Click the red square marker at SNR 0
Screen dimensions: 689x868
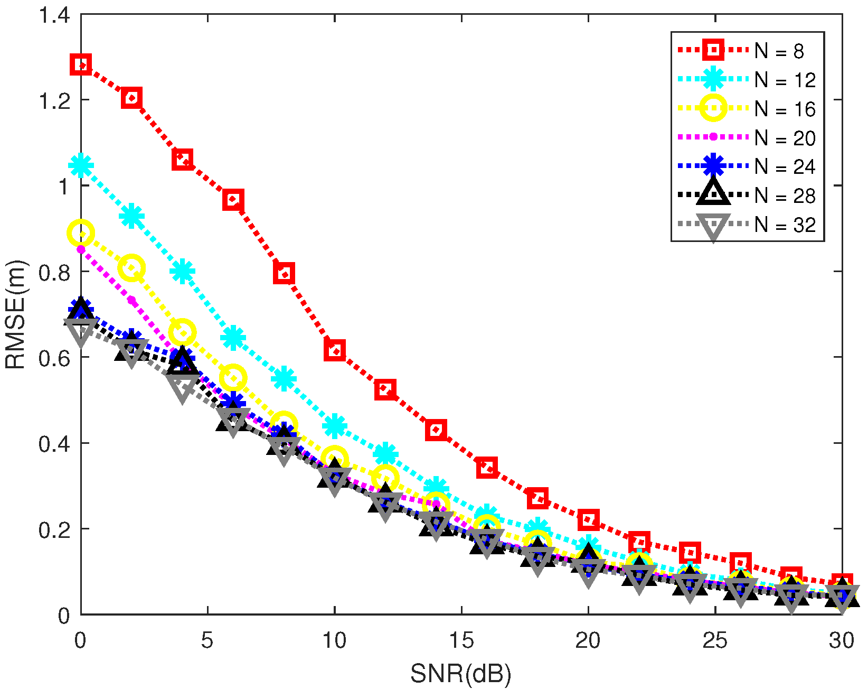pyautogui.click(x=81, y=65)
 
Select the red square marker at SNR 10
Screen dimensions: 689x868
pyautogui.click(x=335, y=350)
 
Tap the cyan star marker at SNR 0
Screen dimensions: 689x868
pyautogui.click(x=81, y=166)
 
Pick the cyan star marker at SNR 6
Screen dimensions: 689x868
pyautogui.click(x=233, y=338)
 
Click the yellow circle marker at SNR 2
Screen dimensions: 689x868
pyautogui.click(x=131, y=268)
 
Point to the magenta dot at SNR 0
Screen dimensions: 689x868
pyautogui.click(x=81, y=249)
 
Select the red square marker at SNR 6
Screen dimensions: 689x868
pyautogui.click(x=233, y=200)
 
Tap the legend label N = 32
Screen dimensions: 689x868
pyautogui.click(x=785, y=225)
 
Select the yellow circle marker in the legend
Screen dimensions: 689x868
pyautogui.click(x=713, y=108)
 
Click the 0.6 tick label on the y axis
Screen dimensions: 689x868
pyautogui.click(x=54, y=358)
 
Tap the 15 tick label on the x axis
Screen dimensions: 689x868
pyautogui.click(x=461, y=641)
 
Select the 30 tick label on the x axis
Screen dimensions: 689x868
pyautogui.click(x=841, y=641)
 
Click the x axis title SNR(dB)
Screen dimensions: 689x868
pyautogui.click(x=461, y=674)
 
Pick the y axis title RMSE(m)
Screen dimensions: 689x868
pyautogui.click(x=16, y=314)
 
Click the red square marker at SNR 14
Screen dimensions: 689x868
pyautogui.click(x=436, y=430)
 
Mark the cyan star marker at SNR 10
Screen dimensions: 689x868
pyautogui.click(x=335, y=426)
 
